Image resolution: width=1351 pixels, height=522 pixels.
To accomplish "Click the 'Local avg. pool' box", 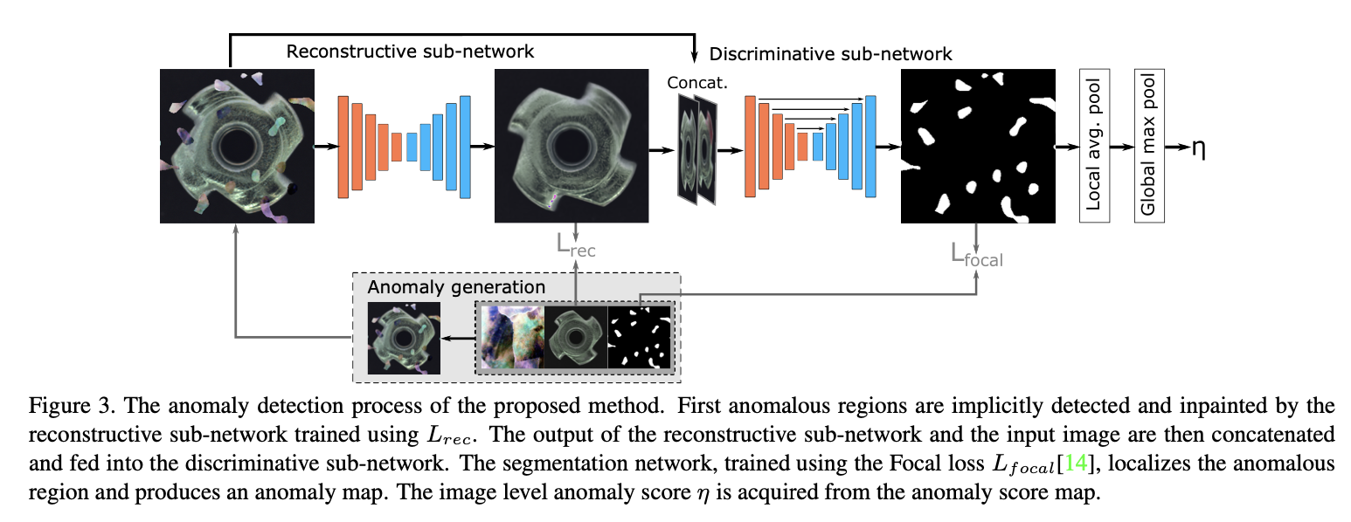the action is tap(1094, 146).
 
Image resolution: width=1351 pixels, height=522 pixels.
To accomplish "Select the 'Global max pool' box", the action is tap(1149, 146).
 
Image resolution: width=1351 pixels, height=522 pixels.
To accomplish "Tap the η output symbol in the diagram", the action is tap(1198, 148).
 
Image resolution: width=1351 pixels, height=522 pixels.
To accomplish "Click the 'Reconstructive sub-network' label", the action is tap(410, 52).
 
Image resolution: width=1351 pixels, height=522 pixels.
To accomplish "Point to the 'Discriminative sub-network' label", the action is tap(830, 54).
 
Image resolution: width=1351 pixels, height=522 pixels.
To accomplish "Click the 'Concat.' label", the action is tap(697, 83).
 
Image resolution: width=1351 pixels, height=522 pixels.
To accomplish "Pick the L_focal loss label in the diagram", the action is tap(977, 256).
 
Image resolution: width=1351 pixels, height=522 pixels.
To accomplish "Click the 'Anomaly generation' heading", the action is tap(456, 287).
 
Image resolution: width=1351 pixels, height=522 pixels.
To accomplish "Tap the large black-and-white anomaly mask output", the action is tap(978, 146).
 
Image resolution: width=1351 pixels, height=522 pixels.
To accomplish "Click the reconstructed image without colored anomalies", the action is tap(572, 146).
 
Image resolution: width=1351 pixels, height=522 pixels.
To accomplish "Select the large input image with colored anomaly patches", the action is tap(237, 146).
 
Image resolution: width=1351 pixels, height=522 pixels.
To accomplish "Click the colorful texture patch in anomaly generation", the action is tap(513, 337).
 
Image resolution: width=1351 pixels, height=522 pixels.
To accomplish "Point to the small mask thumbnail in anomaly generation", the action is tap(640, 337).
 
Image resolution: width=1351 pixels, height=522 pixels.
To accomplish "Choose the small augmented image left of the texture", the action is tap(404, 338).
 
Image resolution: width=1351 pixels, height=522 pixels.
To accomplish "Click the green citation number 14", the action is tap(1076, 463).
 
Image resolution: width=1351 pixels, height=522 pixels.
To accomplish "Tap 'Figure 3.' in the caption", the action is tap(72, 406).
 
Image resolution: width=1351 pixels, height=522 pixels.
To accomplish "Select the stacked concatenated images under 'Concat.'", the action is tap(698, 150).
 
